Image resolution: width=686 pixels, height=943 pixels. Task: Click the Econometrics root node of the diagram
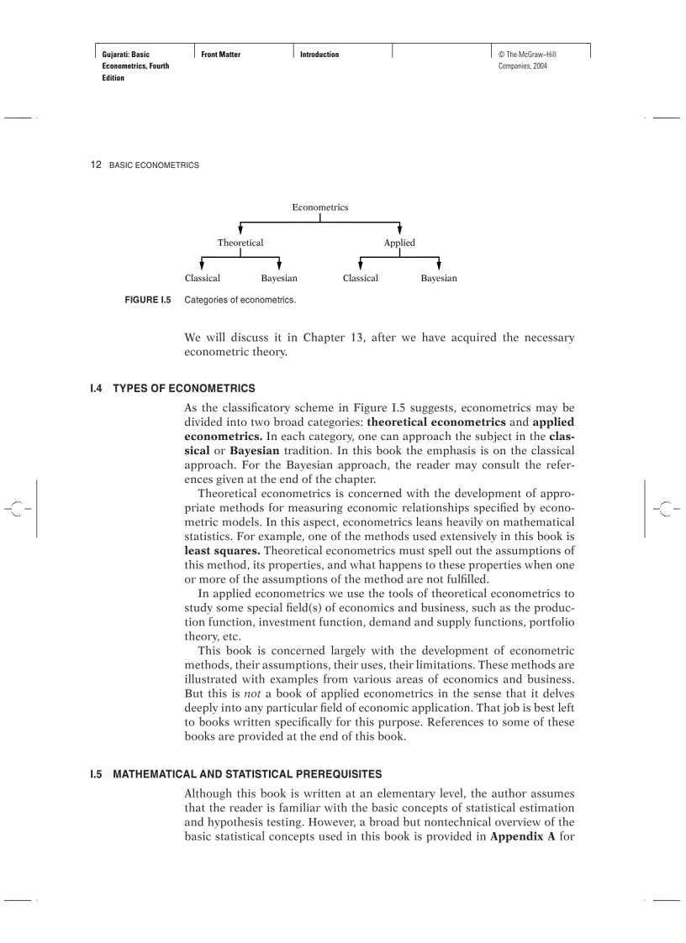(x=319, y=207)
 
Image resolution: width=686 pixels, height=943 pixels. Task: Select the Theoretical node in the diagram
(x=240, y=243)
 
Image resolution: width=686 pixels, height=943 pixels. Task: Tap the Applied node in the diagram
(x=399, y=243)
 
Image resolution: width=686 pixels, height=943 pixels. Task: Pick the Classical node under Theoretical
(x=202, y=278)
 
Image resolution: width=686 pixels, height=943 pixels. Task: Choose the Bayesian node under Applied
(x=439, y=278)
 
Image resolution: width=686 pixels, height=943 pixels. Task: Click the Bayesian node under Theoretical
(x=279, y=278)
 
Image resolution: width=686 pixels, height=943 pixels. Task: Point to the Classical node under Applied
(x=361, y=278)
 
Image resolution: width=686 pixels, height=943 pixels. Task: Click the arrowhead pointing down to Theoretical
(x=241, y=229)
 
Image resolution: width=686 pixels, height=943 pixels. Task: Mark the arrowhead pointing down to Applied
(x=399, y=229)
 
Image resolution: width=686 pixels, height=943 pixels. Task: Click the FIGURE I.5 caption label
(x=147, y=300)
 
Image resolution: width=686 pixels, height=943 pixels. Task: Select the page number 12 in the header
(x=96, y=165)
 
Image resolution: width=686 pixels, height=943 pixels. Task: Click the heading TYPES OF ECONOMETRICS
(x=183, y=389)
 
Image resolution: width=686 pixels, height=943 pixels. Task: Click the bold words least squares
(x=222, y=551)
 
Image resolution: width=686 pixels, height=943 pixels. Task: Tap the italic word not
(x=251, y=694)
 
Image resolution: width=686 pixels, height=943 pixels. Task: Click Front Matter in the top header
(x=220, y=55)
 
